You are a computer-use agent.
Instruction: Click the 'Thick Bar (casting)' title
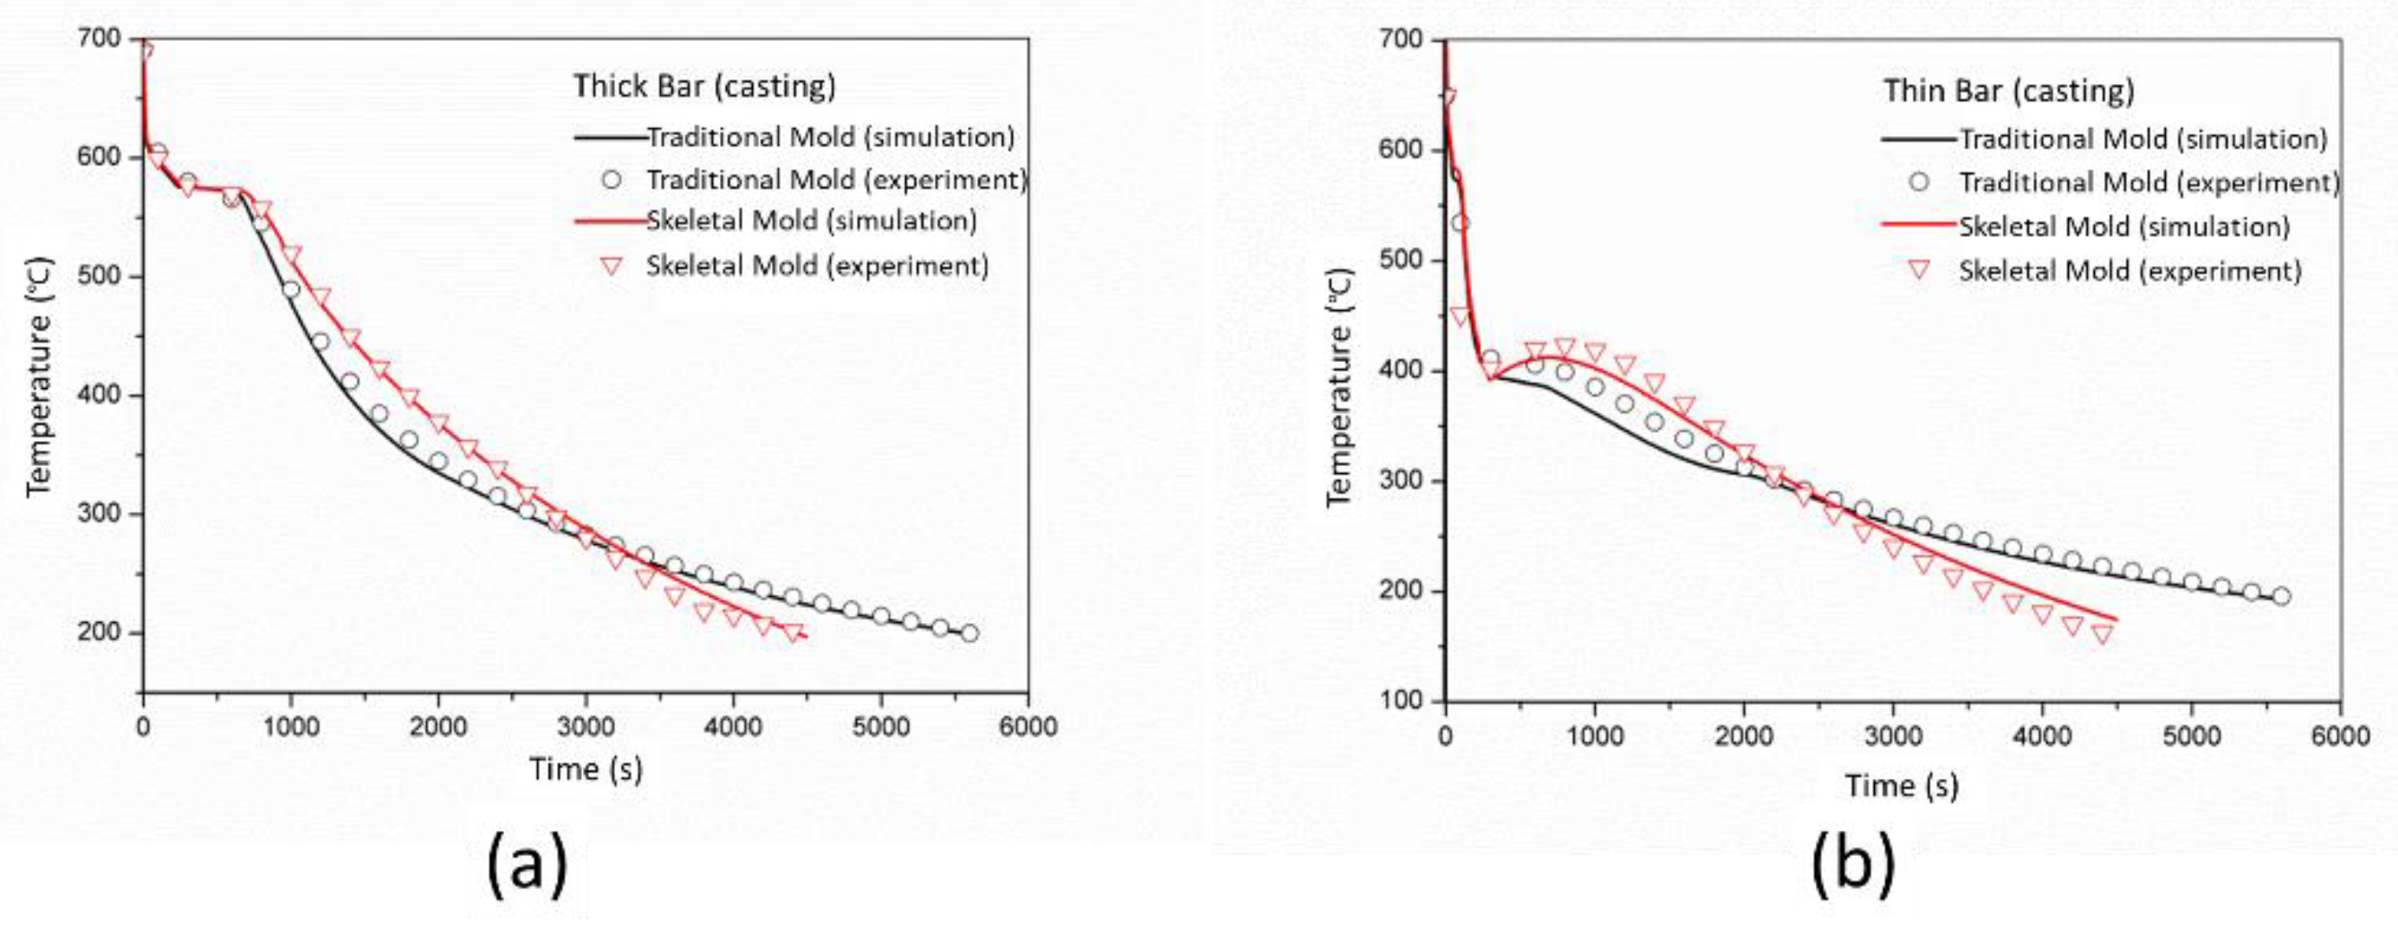click(x=703, y=86)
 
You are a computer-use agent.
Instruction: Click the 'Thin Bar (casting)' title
click(x=2008, y=91)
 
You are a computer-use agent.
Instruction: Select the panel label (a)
click(x=526, y=865)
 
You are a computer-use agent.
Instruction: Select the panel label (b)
click(x=1851, y=865)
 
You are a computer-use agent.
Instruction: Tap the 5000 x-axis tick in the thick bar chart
click(x=881, y=726)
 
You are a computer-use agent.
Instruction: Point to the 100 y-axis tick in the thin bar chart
click(x=1400, y=701)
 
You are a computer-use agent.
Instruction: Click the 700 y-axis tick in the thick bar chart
click(x=100, y=39)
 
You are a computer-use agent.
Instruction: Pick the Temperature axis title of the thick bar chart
click(x=39, y=377)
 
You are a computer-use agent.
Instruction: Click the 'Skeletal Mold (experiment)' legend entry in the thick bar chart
click(x=816, y=266)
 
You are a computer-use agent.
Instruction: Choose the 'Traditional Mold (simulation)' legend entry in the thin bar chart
click(x=2142, y=139)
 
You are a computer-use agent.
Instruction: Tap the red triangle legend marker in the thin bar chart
click(x=1919, y=271)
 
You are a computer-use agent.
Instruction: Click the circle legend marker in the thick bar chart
click(x=611, y=179)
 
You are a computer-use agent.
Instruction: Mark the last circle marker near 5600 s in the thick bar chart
click(x=969, y=633)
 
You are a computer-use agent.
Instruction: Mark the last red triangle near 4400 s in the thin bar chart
click(x=2102, y=635)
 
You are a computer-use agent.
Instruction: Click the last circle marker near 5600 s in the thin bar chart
click(x=2281, y=596)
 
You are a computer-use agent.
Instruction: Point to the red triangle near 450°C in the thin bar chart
click(x=1460, y=316)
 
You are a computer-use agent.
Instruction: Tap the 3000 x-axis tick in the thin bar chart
click(x=1893, y=736)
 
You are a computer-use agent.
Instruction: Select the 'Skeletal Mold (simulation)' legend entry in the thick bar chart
click(x=811, y=222)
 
